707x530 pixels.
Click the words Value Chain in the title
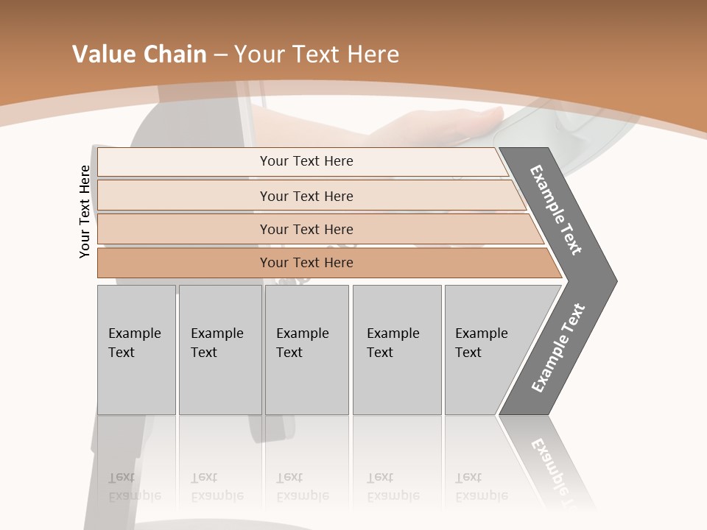tap(139, 54)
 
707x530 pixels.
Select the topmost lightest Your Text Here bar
tap(306, 161)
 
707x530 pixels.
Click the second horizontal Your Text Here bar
tap(306, 196)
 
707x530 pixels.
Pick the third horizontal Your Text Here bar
tap(306, 229)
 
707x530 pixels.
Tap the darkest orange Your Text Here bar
tap(306, 263)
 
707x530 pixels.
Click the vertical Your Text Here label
tap(85, 211)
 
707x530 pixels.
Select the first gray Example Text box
tap(136, 350)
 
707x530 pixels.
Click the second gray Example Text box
tap(219, 350)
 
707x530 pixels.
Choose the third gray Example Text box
tap(306, 350)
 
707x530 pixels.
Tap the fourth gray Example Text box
tap(396, 350)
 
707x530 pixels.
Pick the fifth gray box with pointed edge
tap(486, 350)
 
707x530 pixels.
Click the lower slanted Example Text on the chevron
tap(557, 348)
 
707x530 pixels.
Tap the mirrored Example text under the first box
tap(135, 487)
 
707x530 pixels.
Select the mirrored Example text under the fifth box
tap(482, 487)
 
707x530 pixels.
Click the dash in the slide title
tap(219, 55)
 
